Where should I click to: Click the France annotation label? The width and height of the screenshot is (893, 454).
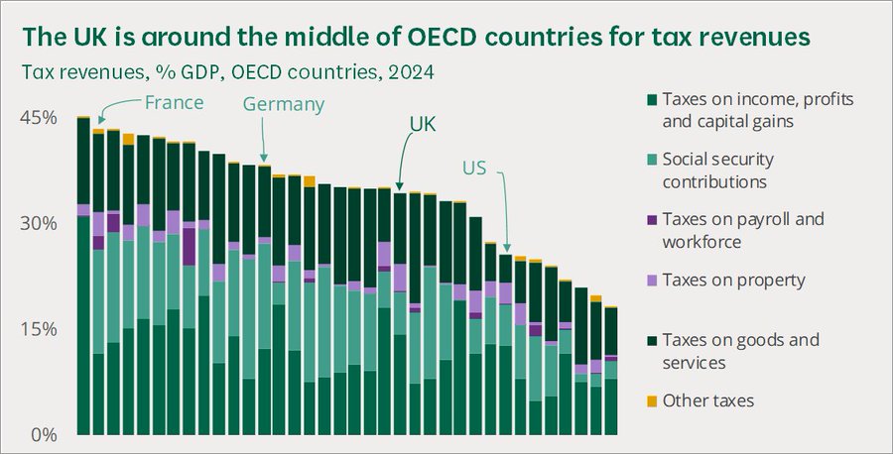pos(174,102)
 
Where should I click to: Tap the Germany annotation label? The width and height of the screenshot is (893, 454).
pos(284,105)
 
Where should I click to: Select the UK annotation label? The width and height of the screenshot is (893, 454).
pos(423,124)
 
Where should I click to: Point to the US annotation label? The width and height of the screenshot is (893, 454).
pos(474,169)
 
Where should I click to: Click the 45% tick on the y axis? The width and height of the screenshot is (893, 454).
pos(39,118)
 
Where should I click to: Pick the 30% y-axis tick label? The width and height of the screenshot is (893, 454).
pos(39,224)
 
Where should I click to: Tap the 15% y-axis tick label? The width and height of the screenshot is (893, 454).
pos(39,329)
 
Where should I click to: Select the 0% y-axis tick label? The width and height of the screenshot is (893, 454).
pos(44,435)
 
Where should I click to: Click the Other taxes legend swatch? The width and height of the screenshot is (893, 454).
pos(652,401)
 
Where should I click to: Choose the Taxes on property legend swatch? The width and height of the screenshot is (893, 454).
pos(652,281)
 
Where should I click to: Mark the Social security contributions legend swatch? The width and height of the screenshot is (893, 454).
pos(652,160)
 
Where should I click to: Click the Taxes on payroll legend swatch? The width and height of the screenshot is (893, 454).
pos(652,220)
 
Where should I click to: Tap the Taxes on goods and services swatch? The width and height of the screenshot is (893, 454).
pos(652,341)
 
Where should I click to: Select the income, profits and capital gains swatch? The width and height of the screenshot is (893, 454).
pos(652,99)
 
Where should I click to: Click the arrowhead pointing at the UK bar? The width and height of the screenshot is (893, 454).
pos(399,186)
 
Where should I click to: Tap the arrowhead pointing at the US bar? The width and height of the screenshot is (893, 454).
pos(506,248)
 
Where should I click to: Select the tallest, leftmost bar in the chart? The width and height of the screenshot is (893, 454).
pos(83,276)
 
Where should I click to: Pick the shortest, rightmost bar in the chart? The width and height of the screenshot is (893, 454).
pos(611,371)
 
